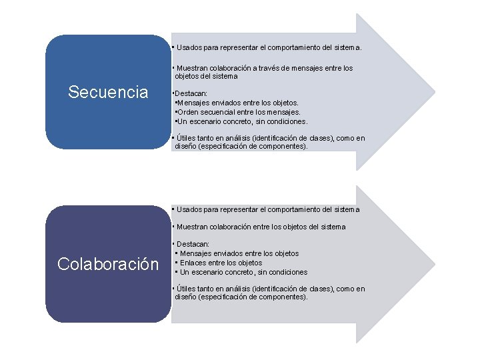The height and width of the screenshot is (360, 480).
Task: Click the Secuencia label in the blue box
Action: [x=108, y=92]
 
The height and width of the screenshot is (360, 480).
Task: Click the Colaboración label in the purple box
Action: [x=108, y=264]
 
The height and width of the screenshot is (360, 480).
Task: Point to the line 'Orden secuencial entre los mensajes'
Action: [x=237, y=113]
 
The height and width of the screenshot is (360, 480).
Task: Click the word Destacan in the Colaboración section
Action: [x=193, y=245]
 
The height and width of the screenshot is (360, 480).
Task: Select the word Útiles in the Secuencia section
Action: [x=186, y=138]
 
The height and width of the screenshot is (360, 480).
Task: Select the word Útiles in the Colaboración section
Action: [x=186, y=289]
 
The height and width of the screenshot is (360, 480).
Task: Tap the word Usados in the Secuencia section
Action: [x=189, y=48]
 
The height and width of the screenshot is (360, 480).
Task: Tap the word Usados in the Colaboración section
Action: [x=189, y=209]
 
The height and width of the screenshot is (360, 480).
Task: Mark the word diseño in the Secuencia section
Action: [x=186, y=146]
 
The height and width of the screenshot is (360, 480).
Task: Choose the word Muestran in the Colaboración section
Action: [x=193, y=227]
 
